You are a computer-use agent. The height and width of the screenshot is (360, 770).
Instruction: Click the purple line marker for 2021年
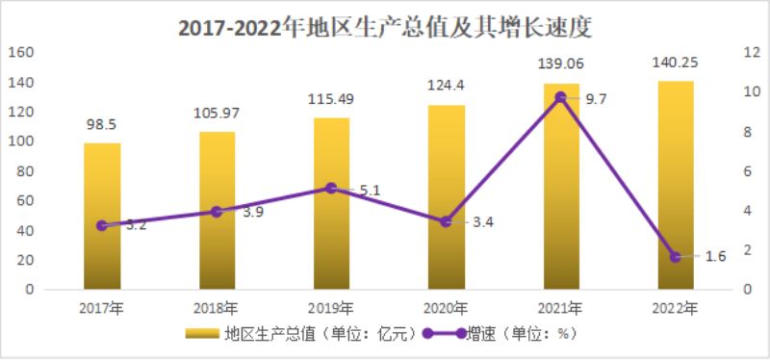(561, 97)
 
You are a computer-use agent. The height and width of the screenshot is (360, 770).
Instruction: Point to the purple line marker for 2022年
(675, 257)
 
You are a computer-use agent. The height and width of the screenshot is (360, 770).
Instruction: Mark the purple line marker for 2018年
(217, 212)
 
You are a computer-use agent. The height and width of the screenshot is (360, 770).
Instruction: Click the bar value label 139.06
(561, 64)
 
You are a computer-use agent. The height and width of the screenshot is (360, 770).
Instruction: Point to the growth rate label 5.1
(370, 190)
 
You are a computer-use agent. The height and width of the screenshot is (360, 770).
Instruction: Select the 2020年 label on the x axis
(446, 308)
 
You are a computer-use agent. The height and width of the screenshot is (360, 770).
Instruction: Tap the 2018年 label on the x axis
(217, 308)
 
